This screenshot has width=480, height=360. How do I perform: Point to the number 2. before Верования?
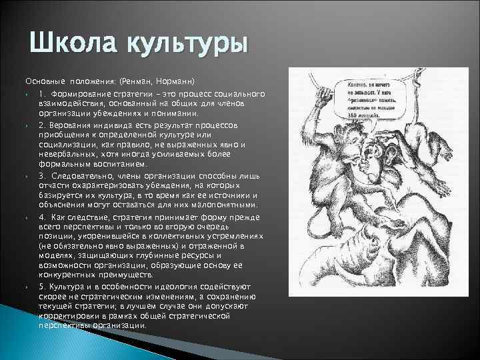(x=42, y=125)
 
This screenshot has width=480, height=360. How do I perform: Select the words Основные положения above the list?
(x=67, y=79)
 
